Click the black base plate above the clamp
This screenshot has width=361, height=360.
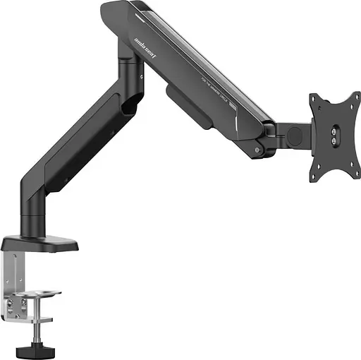[39, 244]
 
